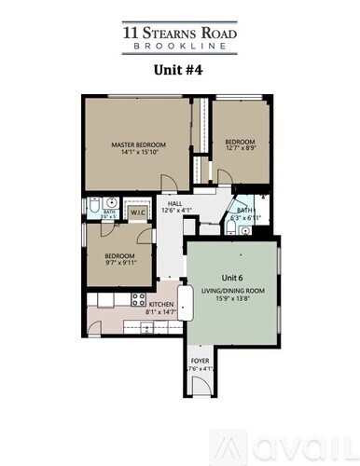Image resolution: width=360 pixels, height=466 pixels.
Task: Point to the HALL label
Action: (173, 203)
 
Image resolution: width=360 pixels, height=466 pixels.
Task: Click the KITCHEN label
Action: (159, 306)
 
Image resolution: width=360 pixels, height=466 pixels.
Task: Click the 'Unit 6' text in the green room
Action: (232, 278)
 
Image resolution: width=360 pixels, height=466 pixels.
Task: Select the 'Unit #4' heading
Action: (179, 68)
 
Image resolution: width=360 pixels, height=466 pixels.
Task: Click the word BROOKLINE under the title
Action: (180, 44)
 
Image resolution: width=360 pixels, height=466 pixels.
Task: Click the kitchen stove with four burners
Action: (139, 300)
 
